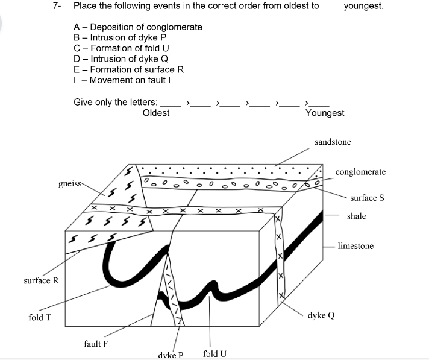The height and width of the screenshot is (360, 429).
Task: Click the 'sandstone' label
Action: click(x=332, y=142)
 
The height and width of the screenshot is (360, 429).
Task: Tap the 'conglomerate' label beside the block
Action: click(x=360, y=172)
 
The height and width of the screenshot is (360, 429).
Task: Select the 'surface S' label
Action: click(x=367, y=198)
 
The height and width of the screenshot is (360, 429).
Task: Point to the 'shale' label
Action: click(x=356, y=216)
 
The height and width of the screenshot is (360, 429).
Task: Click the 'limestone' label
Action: click(x=355, y=246)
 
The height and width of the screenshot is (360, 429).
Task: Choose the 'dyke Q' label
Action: click(x=321, y=315)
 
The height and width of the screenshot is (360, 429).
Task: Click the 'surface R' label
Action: click(x=41, y=281)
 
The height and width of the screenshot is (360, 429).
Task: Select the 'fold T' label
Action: click(x=39, y=317)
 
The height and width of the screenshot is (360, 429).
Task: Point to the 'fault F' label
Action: click(x=96, y=344)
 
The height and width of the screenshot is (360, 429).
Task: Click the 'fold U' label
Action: click(x=215, y=353)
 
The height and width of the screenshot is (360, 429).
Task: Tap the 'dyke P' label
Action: click(x=170, y=355)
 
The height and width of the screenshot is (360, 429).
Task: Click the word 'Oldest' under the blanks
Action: click(x=156, y=113)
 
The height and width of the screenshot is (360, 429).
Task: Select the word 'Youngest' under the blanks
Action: click(x=325, y=113)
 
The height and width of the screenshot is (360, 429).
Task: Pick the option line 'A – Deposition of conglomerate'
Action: click(x=138, y=27)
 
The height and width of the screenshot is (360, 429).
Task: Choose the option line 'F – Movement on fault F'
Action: click(x=124, y=80)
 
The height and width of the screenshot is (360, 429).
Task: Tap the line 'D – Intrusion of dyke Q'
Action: click(x=121, y=58)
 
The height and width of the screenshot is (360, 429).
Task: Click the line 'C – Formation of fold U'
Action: click(x=121, y=48)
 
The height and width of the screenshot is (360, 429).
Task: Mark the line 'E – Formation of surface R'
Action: click(x=128, y=69)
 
